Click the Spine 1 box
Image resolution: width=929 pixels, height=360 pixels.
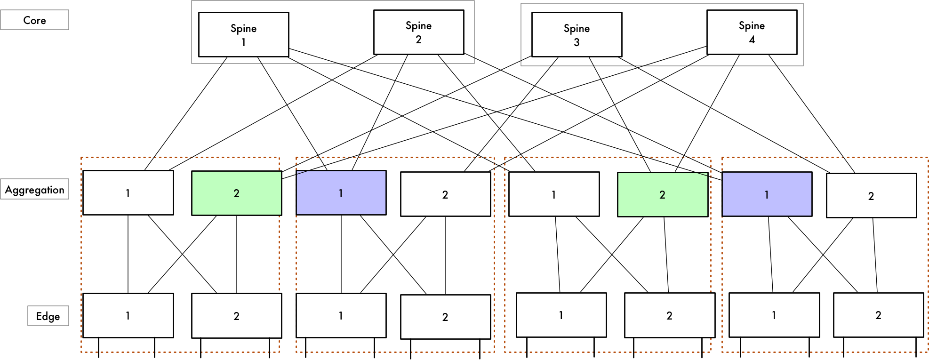click(243, 35)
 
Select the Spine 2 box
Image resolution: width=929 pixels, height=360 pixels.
click(418, 32)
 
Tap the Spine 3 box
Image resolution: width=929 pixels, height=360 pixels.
click(577, 35)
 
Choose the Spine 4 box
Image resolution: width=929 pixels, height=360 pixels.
click(752, 32)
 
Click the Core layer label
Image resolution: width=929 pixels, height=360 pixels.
click(34, 20)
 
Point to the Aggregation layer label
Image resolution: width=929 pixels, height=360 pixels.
click(34, 189)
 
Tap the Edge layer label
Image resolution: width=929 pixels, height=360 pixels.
click(48, 316)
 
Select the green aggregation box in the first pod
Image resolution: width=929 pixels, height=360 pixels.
click(236, 193)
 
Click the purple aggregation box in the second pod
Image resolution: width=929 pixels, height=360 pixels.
click(341, 193)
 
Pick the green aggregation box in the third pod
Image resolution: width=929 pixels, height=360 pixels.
click(662, 194)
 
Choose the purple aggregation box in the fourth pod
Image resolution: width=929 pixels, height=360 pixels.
click(767, 194)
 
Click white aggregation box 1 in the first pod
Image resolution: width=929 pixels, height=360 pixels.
click(128, 193)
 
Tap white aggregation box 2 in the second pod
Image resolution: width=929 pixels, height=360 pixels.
click(445, 194)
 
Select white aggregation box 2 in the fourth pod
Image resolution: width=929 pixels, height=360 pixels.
click(871, 196)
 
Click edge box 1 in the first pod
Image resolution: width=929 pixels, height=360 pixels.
click(128, 315)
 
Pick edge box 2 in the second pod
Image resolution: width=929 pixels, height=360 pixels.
click(445, 317)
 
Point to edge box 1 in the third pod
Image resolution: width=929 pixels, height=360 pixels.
click(561, 315)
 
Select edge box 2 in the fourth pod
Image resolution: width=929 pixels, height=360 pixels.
click(878, 315)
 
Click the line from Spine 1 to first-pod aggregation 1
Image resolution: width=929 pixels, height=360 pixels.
click(186, 113)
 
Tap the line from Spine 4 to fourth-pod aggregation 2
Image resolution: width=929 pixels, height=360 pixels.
click(812, 114)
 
